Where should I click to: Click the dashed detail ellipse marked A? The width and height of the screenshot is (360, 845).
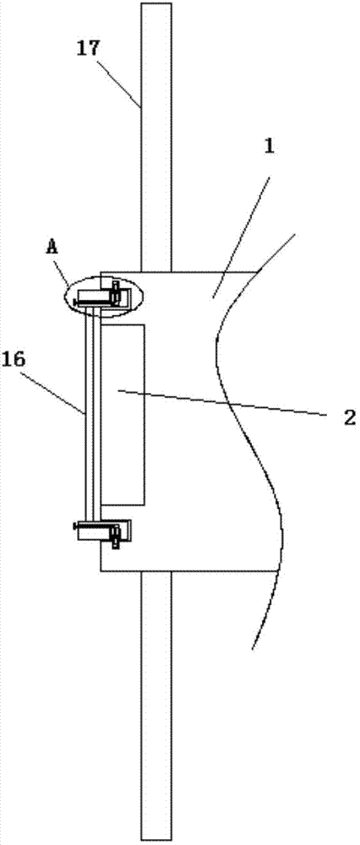click(103, 295)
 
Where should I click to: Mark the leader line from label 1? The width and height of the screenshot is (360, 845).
click(239, 226)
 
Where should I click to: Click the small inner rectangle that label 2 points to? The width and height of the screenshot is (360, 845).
click(123, 414)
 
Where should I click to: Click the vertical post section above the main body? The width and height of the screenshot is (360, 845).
click(156, 137)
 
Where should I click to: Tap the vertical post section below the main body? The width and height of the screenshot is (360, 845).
click(156, 705)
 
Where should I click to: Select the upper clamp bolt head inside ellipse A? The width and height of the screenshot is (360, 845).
click(115, 295)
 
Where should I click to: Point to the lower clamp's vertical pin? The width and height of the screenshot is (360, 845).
click(115, 535)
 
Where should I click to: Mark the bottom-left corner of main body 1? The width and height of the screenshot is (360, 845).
click(101, 570)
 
